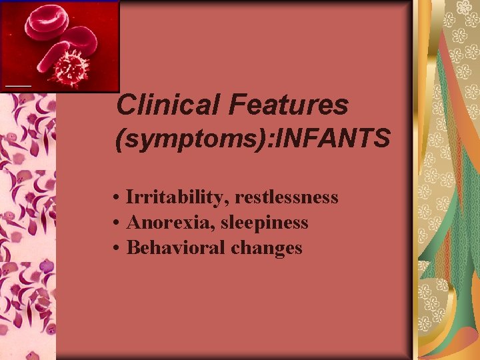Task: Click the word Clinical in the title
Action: point(169,105)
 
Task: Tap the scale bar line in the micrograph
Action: point(18,85)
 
